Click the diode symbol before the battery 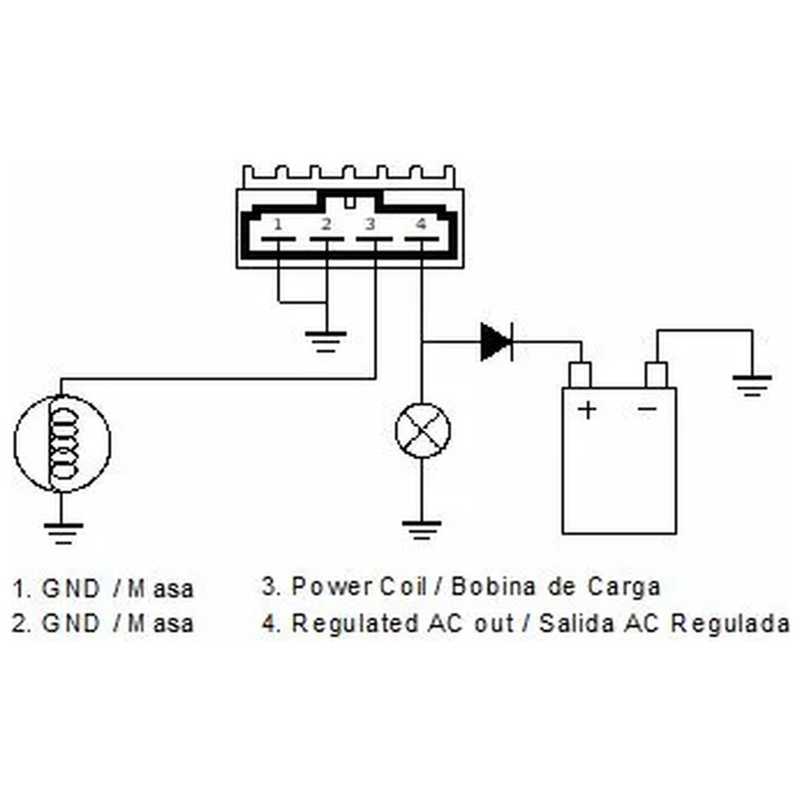[497, 342]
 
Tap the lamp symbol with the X [423, 430]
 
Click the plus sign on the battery [587, 410]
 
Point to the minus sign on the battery [648, 408]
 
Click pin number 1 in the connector [278, 224]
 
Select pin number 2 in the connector [326, 224]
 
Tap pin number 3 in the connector [371, 224]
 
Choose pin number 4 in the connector [421, 224]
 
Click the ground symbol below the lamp [422, 531]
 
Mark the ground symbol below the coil [63, 534]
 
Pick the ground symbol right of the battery [752, 386]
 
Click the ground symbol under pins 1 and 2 [326, 342]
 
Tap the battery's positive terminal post [581, 376]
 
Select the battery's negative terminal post [656, 376]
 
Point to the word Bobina [493, 587]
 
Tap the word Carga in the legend [624, 587]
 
